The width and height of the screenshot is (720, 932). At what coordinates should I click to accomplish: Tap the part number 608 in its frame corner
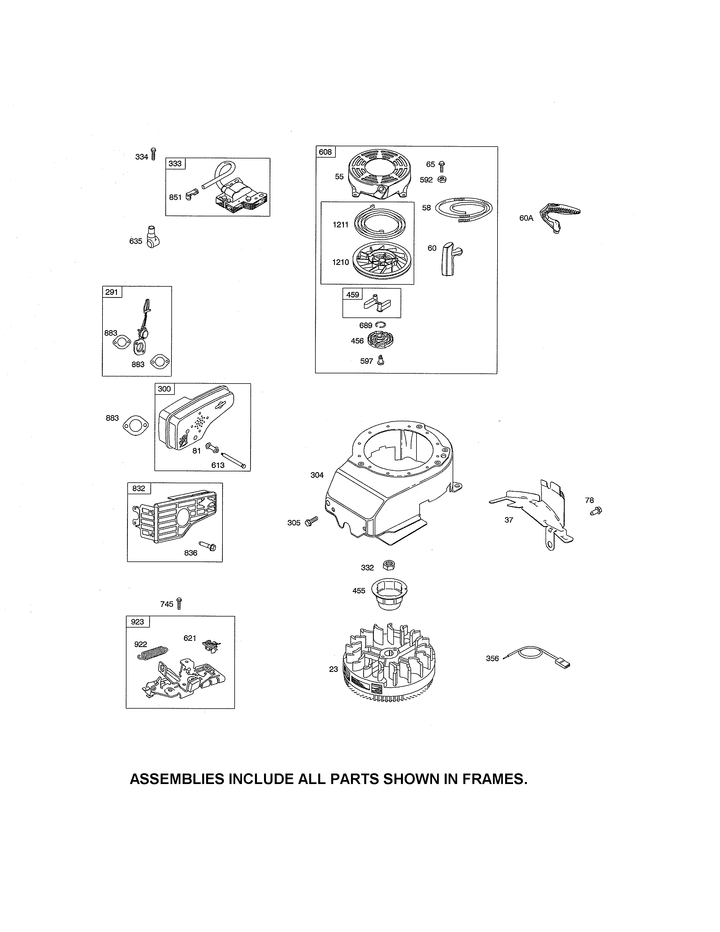click(325, 152)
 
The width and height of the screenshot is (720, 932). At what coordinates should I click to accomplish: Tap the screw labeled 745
click(179, 604)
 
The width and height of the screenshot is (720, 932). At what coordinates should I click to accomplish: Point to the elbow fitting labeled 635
click(152, 238)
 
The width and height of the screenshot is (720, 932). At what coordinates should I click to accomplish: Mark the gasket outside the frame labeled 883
click(135, 426)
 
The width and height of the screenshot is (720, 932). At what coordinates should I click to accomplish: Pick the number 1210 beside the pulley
click(341, 262)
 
